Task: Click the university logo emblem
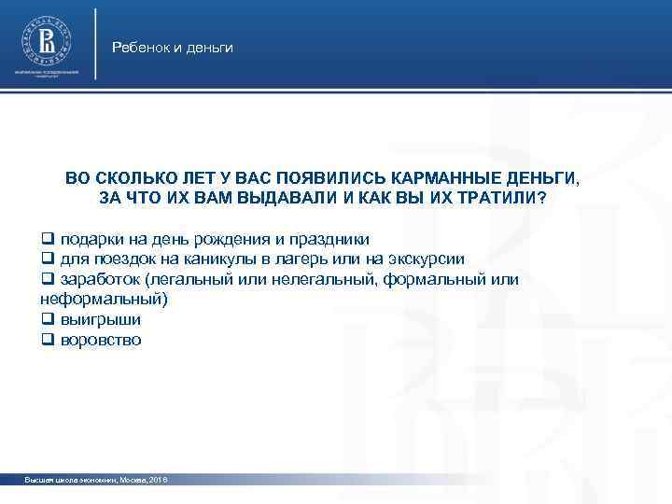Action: [47, 40]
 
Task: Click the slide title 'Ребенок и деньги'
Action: [172, 47]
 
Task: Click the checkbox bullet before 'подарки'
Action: [48, 239]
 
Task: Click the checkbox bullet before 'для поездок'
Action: [48, 259]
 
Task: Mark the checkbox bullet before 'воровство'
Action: [48, 341]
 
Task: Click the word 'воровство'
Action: [102, 340]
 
